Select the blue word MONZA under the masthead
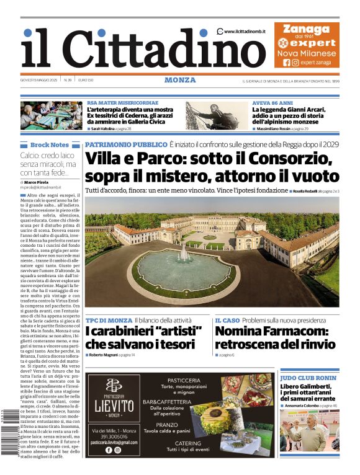click(180, 80)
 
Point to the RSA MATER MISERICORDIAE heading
click(122, 102)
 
